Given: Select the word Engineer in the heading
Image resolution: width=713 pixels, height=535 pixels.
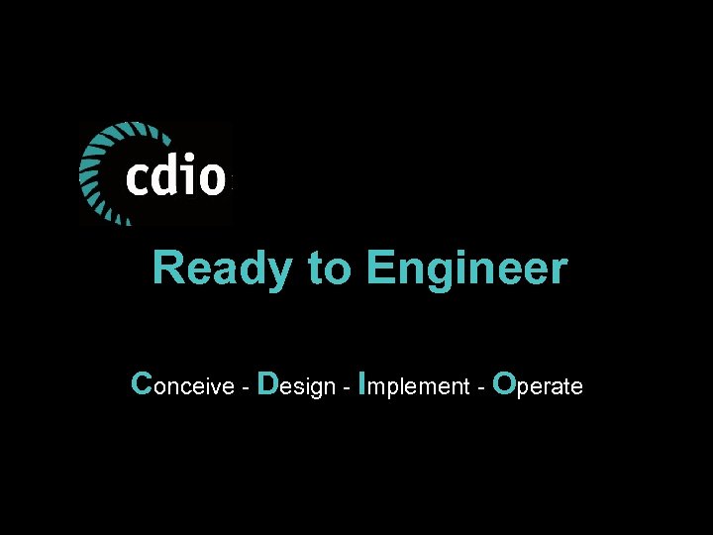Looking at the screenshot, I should (x=465, y=269).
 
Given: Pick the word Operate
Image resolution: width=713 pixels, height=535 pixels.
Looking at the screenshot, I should (x=537, y=385).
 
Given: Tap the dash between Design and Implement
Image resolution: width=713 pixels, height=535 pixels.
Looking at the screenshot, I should (x=344, y=387).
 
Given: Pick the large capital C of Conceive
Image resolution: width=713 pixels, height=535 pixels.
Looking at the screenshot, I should (x=142, y=383).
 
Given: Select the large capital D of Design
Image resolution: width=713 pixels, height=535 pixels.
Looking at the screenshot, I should (x=266, y=383).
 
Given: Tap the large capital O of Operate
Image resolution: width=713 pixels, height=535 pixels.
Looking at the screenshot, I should (x=503, y=383).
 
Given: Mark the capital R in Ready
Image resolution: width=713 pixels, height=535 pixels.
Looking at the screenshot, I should (x=167, y=269).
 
